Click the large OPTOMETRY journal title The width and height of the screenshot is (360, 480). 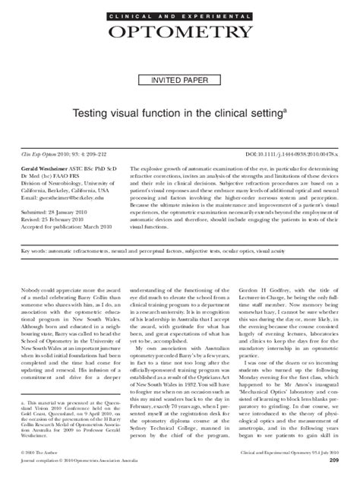pyautogui.click(x=180, y=32)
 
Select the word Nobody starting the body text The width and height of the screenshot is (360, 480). pyautogui.click(x=31, y=271)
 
